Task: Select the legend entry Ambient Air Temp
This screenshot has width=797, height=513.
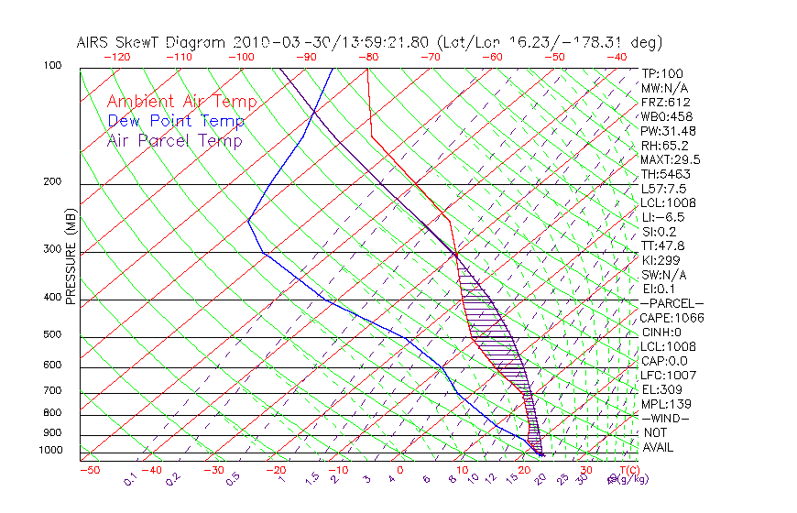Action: (x=182, y=102)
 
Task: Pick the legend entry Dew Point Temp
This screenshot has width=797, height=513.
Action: (x=176, y=121)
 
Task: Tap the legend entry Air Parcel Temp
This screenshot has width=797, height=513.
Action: (x=175, y=140)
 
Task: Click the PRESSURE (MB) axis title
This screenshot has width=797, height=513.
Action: (x=71, y=257)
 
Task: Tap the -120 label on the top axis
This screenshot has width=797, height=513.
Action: (x=117, y=57)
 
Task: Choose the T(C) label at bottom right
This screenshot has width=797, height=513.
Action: (x=624, y=470)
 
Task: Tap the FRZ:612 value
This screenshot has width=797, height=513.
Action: (x=665, y=102)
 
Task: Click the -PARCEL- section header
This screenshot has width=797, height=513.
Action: (x=671, y=303)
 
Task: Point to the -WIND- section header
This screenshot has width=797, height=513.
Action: (x=665, y=418)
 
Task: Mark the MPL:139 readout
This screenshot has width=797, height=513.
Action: (x=665, y=404)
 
